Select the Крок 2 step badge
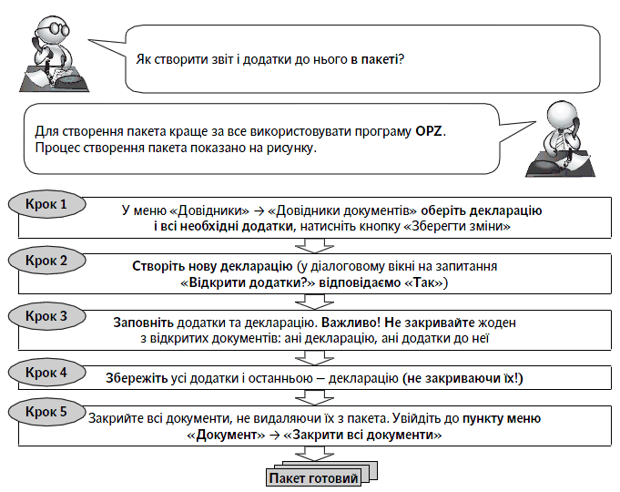pos(46,261)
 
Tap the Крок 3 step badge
pos(46,316)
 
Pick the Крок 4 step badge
pos(46,372)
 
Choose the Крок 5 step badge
pos(46,412)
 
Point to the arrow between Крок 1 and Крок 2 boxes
pos(310,243)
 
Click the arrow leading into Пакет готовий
pos(310,453)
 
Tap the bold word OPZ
pos(427,131)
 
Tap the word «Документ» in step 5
pos(222,436)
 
